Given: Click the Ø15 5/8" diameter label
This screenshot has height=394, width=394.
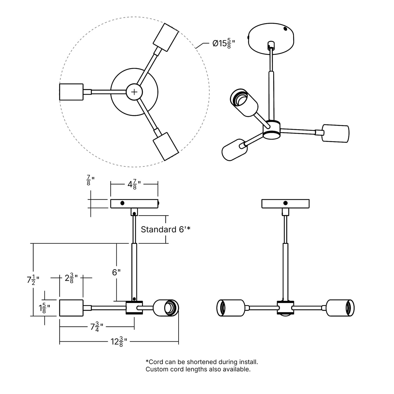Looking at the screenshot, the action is tap(224, 44).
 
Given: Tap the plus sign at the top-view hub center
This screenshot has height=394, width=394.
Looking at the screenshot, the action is tap(134, 92).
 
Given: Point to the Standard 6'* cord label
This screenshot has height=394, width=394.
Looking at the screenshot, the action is tap(166, 229).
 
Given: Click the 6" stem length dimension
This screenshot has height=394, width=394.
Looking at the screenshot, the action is tap(116, 272).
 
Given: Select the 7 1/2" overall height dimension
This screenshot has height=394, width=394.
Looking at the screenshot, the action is tap(33, 280).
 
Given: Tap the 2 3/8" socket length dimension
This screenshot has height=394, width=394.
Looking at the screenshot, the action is tap(71, 278).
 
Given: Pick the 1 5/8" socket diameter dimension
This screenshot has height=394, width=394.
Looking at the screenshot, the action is tap(44, 308).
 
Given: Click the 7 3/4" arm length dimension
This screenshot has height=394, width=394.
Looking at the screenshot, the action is tap(97, 327).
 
